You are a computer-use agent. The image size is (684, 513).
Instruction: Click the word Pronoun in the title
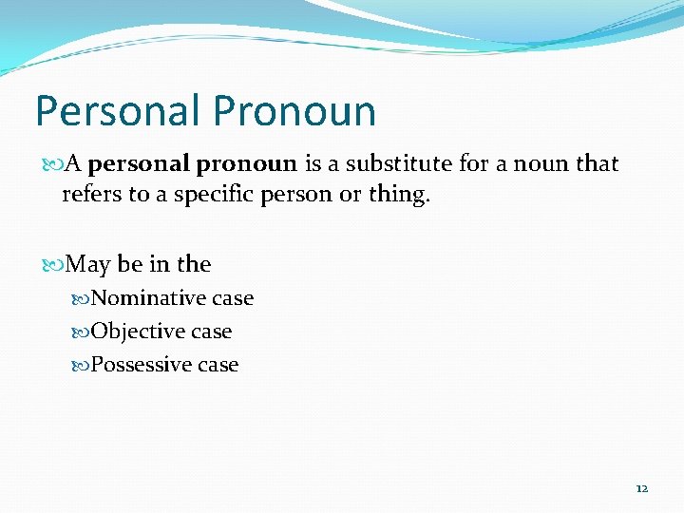pos(294,110)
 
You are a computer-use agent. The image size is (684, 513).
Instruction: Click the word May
pos(89,264)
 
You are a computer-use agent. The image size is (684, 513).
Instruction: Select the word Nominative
pos(149,298)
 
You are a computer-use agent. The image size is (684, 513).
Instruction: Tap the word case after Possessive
pos(218,365)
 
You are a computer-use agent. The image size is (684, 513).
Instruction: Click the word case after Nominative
pos(233,298)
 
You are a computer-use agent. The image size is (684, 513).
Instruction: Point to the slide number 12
pos(641,488)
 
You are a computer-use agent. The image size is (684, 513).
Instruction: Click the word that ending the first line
pos(597,164)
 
